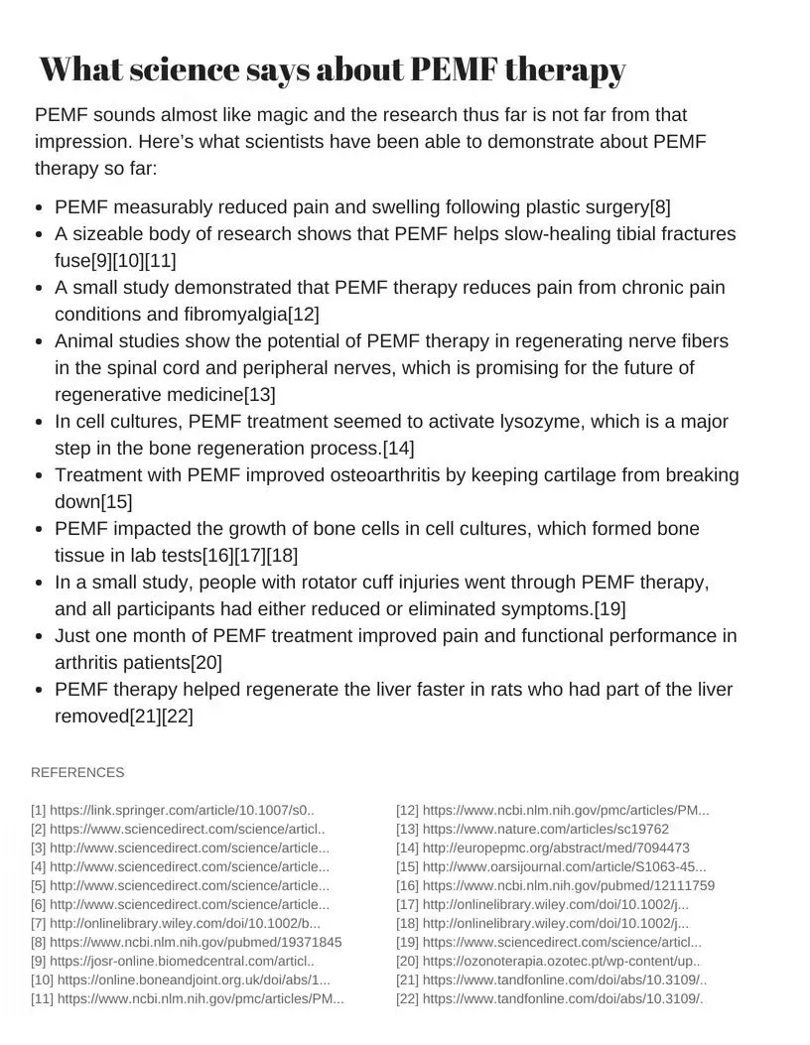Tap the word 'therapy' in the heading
(565, 70)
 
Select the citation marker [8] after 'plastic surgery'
(660, 207)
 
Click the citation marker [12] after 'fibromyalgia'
(303, 315)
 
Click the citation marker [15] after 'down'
(116, 502)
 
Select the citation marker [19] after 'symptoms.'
(609, 608)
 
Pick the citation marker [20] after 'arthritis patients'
(206, 662)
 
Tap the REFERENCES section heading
(77, 773)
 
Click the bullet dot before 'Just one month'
(38, 636)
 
